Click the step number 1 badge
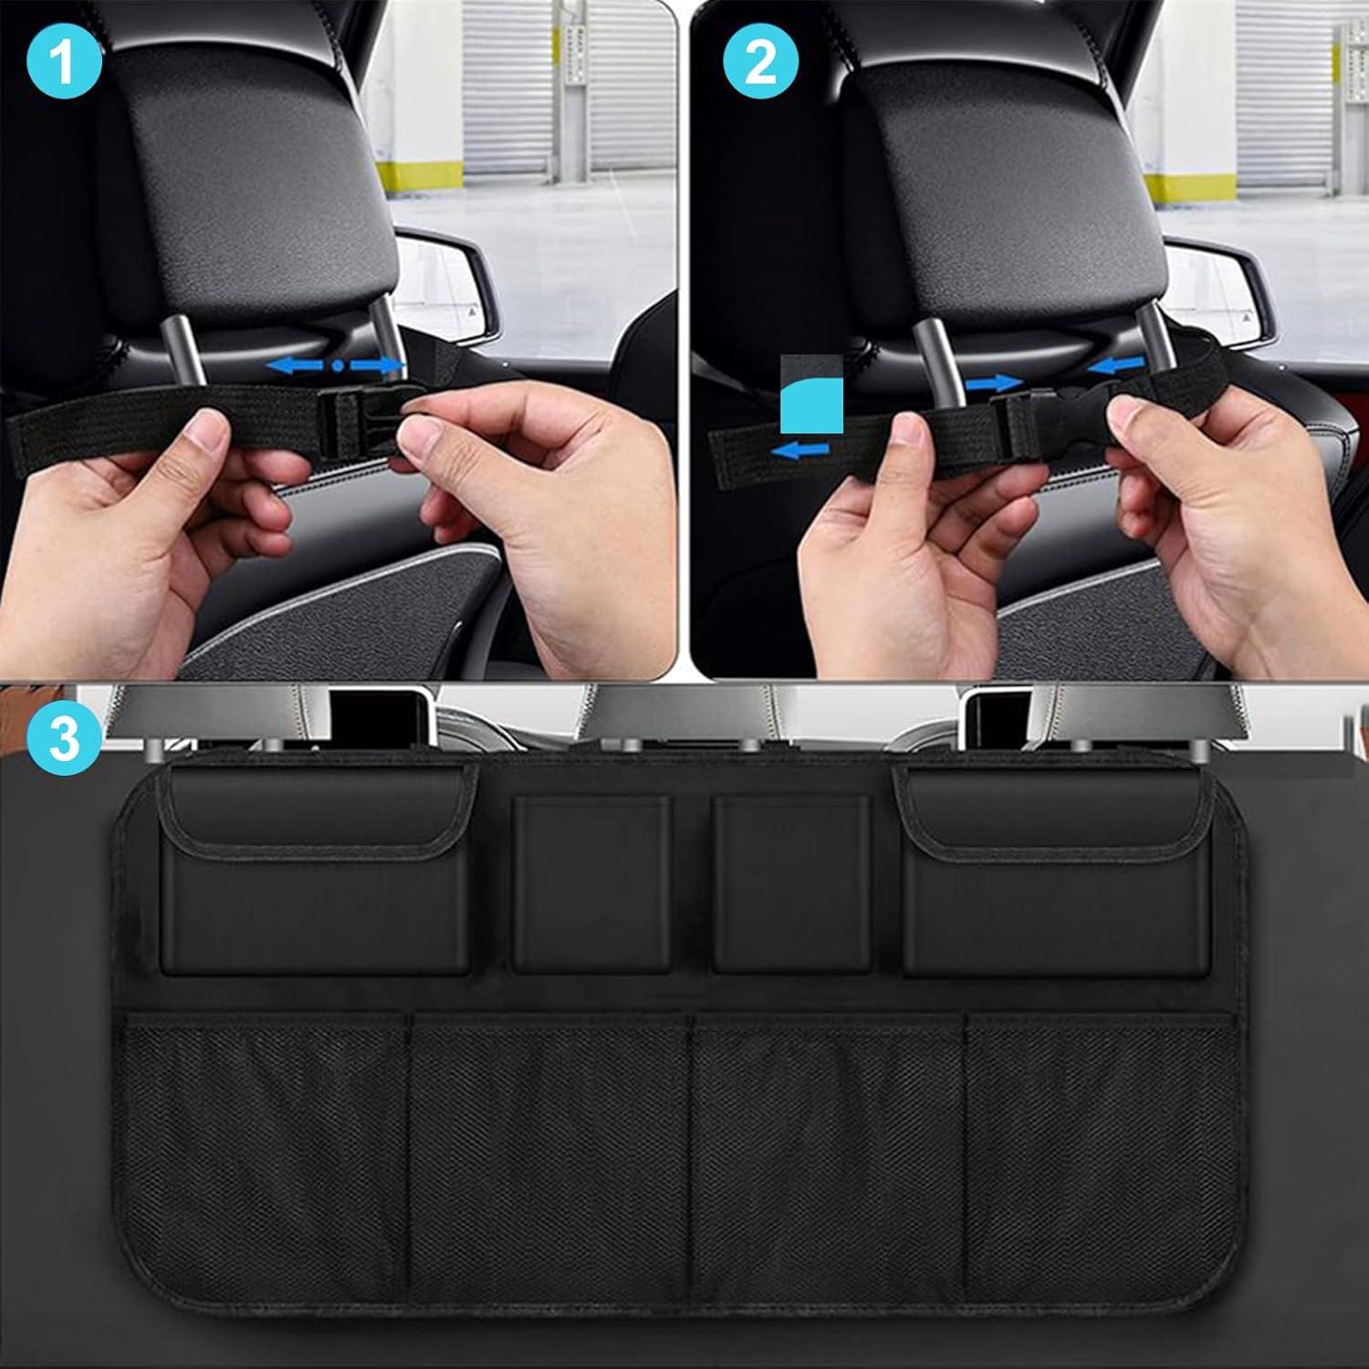[63, 63]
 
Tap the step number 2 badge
[760, 63]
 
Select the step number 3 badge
[65, 737]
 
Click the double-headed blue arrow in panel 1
[338, 365]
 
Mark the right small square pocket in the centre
[791, 883]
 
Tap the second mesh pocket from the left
[548, 1141]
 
